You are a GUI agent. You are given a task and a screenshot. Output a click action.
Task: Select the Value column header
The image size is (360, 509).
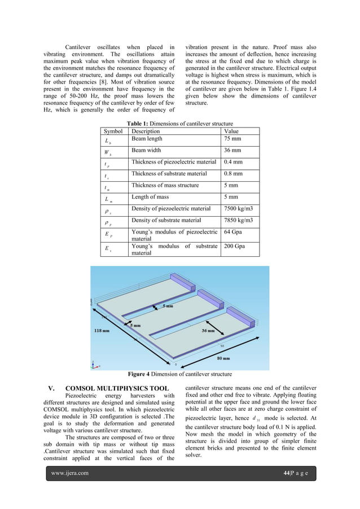tap(232, 131)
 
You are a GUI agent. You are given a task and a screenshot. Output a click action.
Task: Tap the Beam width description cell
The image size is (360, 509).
tap(146, 151)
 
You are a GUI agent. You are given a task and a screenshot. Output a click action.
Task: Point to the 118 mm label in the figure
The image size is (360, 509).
tap(102, 332)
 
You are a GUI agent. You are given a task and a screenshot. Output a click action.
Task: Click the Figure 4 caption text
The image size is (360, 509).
tap(180, 374)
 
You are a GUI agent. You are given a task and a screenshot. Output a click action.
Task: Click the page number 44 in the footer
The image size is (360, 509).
tap(286, 473)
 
